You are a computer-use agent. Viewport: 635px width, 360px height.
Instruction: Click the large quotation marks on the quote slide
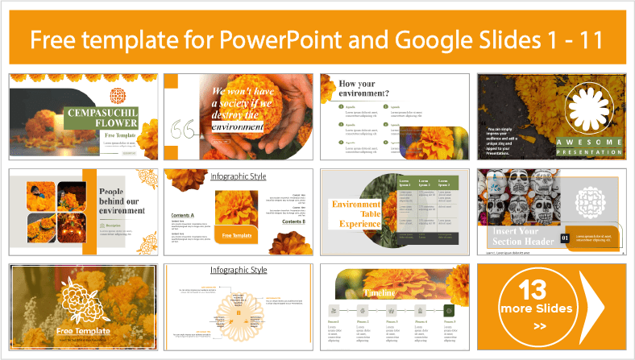coord(185,128)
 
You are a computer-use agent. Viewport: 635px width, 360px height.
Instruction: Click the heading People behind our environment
coord(122,200)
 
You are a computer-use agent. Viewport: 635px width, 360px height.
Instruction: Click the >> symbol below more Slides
coord(540,327)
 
